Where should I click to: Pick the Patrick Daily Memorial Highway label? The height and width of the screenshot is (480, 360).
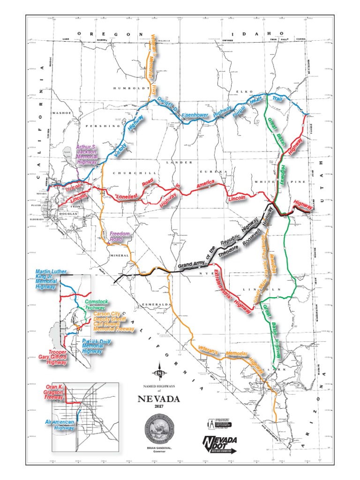pyautogui.click(x=97, y=346)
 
